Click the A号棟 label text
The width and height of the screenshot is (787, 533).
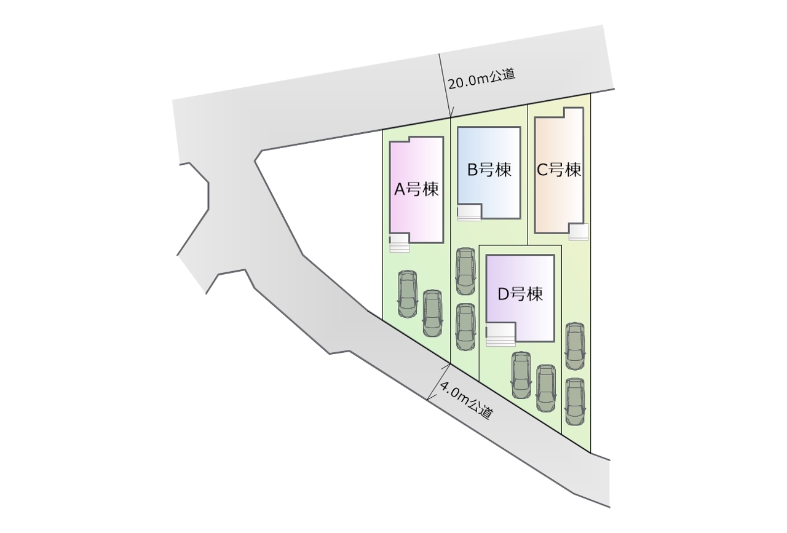click(x=416, y=189)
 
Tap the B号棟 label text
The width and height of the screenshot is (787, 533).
click(x=489, y=170)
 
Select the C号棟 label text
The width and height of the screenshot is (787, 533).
click(x=559, y=170)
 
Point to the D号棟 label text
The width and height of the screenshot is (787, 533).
click(x=520, y=294)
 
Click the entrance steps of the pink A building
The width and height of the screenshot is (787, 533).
click(x=399, y=244)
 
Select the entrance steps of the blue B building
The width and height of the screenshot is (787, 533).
click(x=469, y=214)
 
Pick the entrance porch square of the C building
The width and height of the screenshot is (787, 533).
click(x=578, y=232)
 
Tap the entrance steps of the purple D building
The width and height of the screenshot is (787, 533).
click(x=500, y=337)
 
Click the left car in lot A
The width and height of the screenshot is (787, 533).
click(x=407, y=294)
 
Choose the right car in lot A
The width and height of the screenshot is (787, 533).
click(x=432, y=313)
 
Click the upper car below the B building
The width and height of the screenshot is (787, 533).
click(x=465, y=271)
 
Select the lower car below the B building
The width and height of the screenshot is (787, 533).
click(x=465, y=326)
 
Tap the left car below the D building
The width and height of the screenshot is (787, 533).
click(x=521, y=374)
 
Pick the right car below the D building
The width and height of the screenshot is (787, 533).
click(x=546, y=388)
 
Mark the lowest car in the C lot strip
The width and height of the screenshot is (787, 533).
click(x=574, y=400)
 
